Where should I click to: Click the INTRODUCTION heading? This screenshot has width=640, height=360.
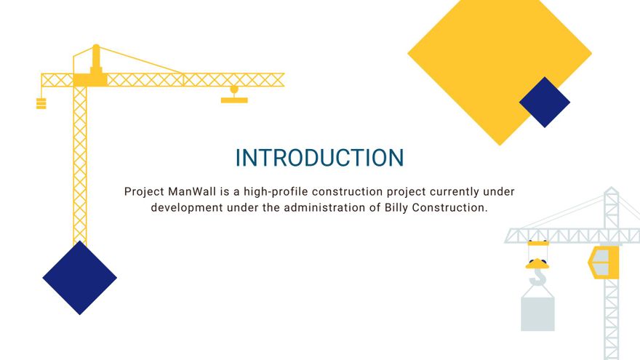(319, 158)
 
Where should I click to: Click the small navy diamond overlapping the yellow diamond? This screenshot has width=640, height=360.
(545, 103)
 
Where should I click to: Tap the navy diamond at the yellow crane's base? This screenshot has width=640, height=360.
(79, 278)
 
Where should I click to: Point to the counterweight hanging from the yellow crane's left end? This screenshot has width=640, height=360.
(41, 103)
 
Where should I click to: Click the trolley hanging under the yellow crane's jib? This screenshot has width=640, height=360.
(234, 95)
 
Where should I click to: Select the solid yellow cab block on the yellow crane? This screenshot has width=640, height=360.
(90, 77)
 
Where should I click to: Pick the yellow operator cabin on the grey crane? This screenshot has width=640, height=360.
(603, 262)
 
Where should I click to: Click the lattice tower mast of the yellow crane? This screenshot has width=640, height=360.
(80, 167)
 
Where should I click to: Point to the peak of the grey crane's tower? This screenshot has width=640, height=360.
(612, 191)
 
